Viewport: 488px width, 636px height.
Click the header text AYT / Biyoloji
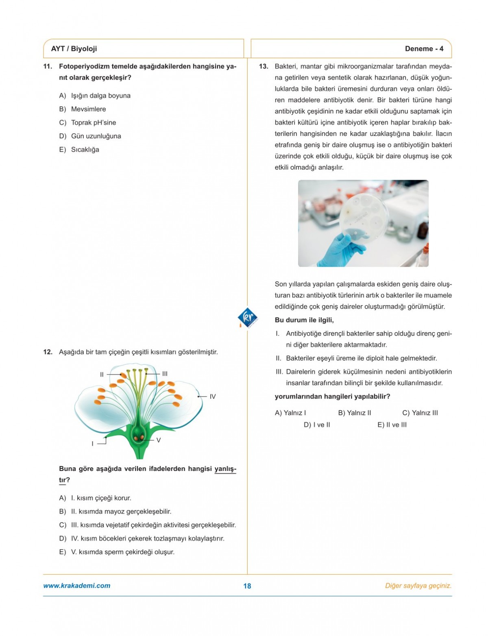pos(74,49)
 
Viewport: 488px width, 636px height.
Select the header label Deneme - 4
pos(424,49)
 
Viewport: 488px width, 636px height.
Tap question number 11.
pos(48,66)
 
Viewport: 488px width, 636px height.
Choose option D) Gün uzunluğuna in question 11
pos(90,136)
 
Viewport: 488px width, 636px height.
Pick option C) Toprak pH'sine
pos(88,123)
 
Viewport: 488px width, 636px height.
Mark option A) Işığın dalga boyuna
pos(95,96)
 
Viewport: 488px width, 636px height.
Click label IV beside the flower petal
pos(212,396)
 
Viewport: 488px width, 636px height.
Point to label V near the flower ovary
pos(158,440)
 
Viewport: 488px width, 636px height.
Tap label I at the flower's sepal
pos(92,444)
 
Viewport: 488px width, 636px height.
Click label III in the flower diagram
pos(164,374)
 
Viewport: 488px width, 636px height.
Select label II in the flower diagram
pos(102,374)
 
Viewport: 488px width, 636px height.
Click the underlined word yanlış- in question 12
pos(225,469)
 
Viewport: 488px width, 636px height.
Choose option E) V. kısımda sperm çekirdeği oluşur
pos(117,552)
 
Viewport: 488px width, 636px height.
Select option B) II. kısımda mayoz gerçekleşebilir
pos(115,512)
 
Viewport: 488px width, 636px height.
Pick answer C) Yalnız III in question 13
pos(420,413)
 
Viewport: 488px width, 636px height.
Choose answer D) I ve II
pos(317,425)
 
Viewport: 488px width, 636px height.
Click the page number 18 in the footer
pos(247,586)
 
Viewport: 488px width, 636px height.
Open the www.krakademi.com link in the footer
pos(77,586)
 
